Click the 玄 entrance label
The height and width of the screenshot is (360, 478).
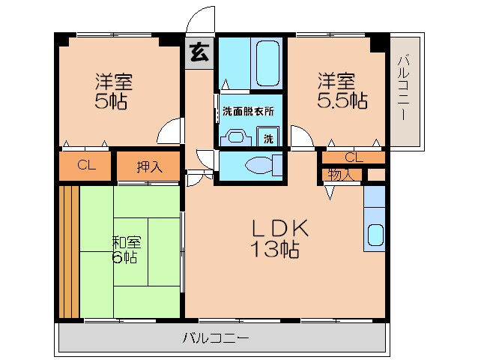tap(200, 52)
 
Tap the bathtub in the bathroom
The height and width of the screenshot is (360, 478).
tap(267, 64)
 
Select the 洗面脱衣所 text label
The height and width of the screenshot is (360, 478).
tap(248, 111)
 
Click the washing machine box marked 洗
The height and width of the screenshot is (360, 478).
tap(268, 136)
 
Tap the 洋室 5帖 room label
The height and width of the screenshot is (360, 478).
tap(112, 91)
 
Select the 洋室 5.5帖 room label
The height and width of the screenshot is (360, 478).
tap(342, 90)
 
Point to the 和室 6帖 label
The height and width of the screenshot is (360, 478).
tap(126, 250)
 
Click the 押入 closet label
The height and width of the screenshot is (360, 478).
tap(150, 166)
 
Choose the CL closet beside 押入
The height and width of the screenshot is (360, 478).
tap(86, 165)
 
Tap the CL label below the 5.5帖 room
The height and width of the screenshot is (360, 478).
tap(354, 157)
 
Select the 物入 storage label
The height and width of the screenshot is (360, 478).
tap(340, 175)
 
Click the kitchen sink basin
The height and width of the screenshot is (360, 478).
tap(375, 235)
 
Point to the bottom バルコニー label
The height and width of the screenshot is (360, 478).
tap(216, 337)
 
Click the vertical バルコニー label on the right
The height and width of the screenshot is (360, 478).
tap(403, 87)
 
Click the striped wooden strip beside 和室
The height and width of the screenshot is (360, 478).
tap(69, 252)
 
